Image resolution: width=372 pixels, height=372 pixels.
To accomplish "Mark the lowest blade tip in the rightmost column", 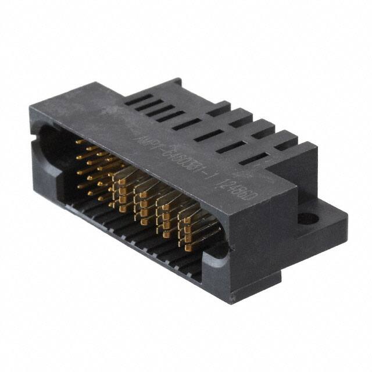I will pos(188,248).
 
